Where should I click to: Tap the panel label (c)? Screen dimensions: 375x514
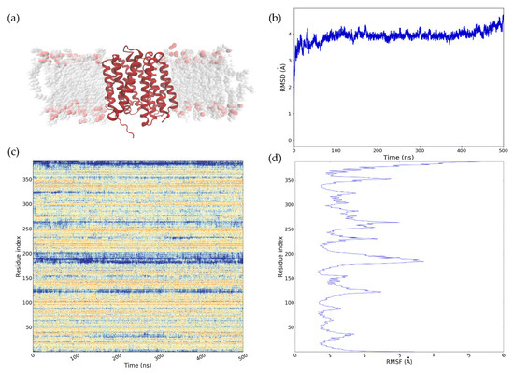click(x=12, y=152)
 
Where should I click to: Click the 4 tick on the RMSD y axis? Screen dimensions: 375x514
click(x=289, y=35)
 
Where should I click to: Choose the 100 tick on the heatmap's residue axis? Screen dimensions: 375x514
click(x=26, y=302)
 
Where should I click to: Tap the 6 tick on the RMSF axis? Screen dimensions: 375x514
click(x=504, y=355)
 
